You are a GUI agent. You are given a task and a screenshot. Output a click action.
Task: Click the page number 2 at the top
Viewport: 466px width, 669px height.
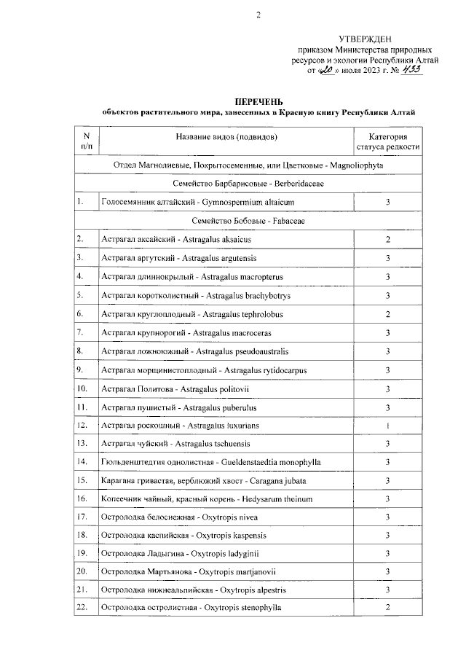257,16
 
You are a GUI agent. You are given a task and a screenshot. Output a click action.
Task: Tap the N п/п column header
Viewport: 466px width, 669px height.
87,141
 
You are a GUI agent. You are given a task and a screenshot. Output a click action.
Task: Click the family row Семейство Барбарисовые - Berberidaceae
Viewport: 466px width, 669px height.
258,183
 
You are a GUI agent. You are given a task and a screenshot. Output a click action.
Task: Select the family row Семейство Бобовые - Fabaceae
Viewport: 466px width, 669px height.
258,220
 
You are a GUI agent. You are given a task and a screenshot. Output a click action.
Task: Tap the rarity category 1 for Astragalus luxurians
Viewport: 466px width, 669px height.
388,424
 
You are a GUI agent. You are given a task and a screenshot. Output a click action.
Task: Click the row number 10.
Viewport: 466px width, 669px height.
83,387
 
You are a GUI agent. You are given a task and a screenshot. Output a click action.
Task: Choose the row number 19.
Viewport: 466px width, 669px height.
83,554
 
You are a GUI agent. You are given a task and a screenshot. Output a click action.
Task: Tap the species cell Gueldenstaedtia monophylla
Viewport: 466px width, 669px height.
211,461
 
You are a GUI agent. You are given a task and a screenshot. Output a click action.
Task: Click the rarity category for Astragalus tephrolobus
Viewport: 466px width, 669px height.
388,313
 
